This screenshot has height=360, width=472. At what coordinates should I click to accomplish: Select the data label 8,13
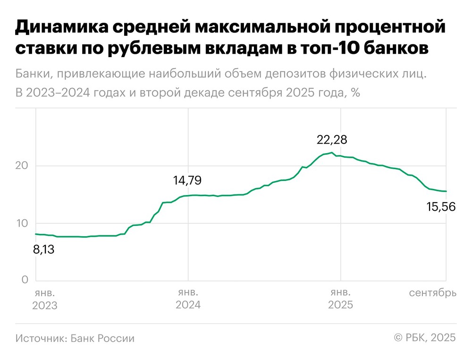[44, 249]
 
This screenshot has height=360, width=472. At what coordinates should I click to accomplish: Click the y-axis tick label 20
[21, 166]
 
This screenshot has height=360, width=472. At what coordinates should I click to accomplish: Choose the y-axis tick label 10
[21, 223]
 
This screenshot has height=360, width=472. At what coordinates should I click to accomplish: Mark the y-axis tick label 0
[24, 280]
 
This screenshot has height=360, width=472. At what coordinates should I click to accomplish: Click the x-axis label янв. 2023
[44, 299]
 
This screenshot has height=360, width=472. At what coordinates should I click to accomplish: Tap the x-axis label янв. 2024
[188, 299]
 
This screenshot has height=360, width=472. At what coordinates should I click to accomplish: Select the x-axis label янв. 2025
[340, 299]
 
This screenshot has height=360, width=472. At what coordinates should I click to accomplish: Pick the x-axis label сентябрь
[432, 293]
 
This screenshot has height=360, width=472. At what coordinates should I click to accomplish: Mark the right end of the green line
[447, 191]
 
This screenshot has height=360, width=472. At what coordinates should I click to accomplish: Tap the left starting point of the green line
[36, 234]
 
